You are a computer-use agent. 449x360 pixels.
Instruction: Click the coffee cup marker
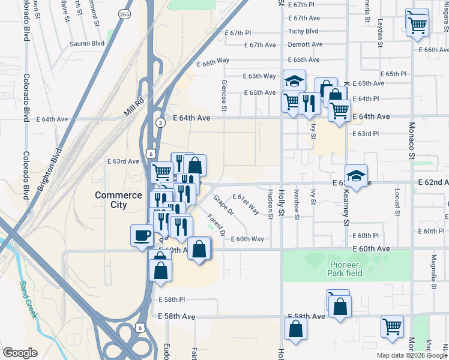pos(142,235)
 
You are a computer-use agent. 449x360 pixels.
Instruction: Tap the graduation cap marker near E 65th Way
pos(294,81)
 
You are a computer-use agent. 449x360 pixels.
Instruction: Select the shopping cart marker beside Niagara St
pos(417,25)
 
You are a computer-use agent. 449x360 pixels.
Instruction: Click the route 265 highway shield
pos(124,14)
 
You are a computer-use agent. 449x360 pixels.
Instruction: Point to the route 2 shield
pos(160,123)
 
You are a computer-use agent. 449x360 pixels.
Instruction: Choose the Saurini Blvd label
pos(87,43)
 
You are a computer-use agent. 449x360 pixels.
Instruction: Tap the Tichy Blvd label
pos(303,31)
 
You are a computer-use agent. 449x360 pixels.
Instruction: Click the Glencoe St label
pos(224,95)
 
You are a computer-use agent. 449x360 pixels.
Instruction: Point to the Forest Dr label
pos(217,224)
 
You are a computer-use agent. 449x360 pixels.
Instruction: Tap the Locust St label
pos(397,202)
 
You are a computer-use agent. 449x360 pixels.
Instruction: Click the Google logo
pos(20,353)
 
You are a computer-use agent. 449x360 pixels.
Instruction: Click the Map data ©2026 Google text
pos(411,355)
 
